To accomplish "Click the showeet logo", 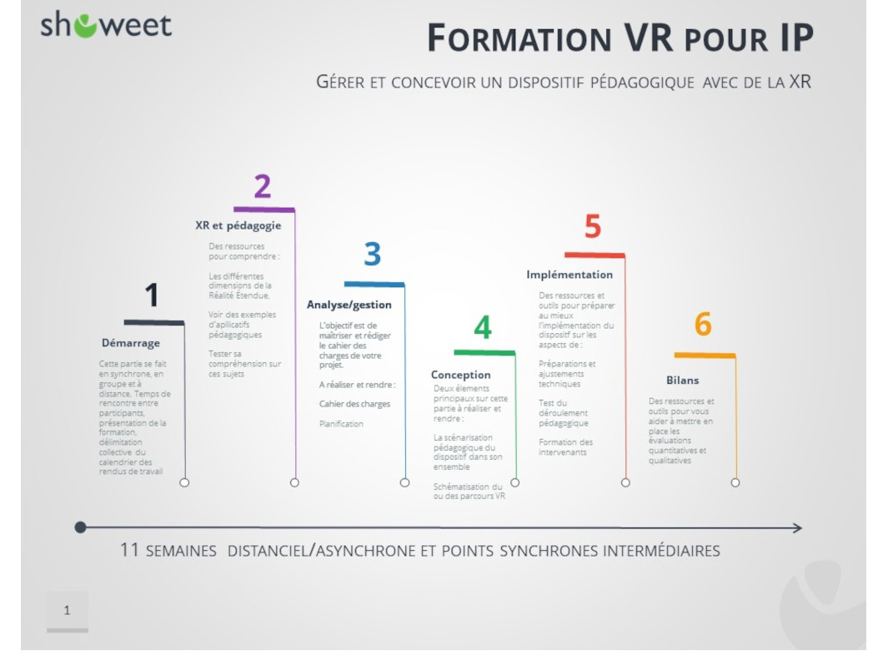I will pos(106,25).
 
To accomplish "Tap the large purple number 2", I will pos(262,187).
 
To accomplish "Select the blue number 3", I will pos(373,255).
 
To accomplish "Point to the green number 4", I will pos(483,328).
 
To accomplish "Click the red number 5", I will pos(592,227).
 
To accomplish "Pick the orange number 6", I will pos(703,325).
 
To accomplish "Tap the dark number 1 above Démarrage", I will pos(152,295).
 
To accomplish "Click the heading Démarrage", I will pos(131,342).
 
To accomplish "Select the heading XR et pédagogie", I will pos(238,225).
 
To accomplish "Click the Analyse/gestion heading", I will pos(349,305).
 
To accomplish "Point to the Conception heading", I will pos(460,375).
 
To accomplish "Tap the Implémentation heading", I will pos(569,275).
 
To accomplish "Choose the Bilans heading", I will pos(683,381).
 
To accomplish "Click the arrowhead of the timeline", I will pos(797,527).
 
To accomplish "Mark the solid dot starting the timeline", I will pos(80,527).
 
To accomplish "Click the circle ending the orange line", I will pos(735,482).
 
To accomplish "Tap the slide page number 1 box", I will pos(67,611).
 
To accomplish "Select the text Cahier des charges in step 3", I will pos(354,404).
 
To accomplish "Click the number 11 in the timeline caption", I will pos(129,551).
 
